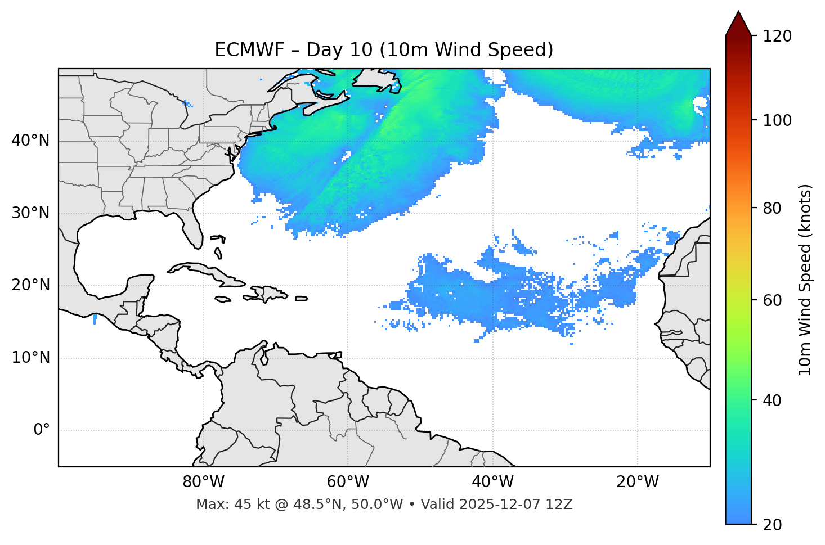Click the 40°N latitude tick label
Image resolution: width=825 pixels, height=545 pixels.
pyautogui.click(x=30, y=141)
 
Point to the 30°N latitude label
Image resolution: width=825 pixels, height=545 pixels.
pyautogui.click(x=30, y=213)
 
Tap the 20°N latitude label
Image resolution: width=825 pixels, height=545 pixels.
pyautogui.click(x=30, y=285)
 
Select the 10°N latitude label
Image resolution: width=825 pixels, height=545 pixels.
pyautogui.click(x=30, y=358)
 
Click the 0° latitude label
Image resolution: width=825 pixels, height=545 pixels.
pyautogui.click(x=41, y=430)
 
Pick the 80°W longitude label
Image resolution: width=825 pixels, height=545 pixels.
pyautogui.click(x=203, y=482)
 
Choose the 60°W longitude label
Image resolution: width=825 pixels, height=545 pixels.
pyautogui.click(x=348, y=482)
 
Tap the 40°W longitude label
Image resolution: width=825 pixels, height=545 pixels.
pyautogui.click(x=492, y=482)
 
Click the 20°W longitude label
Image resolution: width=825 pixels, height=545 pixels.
pyautogui.click(x=637, y=482)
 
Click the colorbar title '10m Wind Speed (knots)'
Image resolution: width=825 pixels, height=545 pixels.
pyautogui.click(x=805, y=280)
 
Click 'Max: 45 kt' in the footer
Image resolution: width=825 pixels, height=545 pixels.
pyautogui.click(x=223, y=505)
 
